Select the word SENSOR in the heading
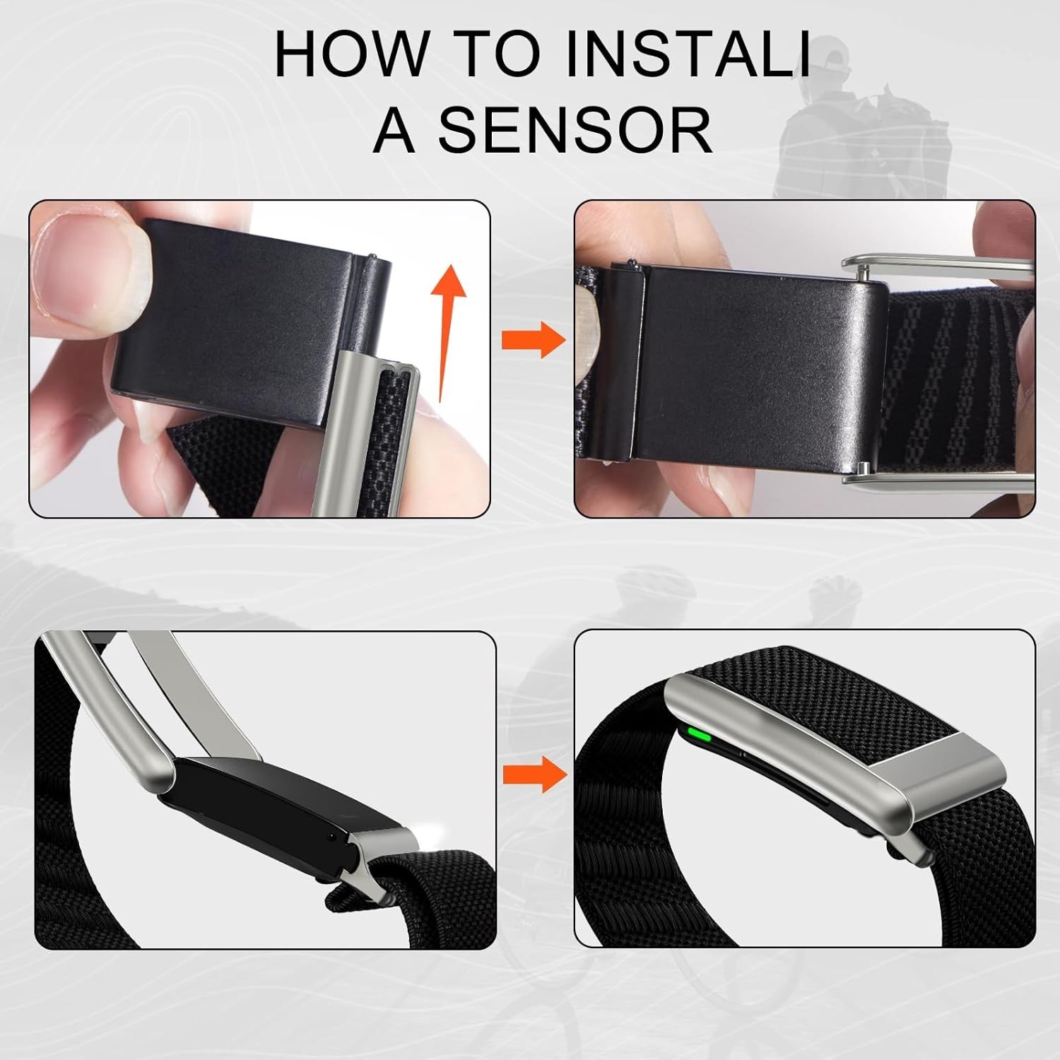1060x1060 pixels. (x=575, y=130)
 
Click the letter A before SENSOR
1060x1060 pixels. (x=394, y=130)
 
